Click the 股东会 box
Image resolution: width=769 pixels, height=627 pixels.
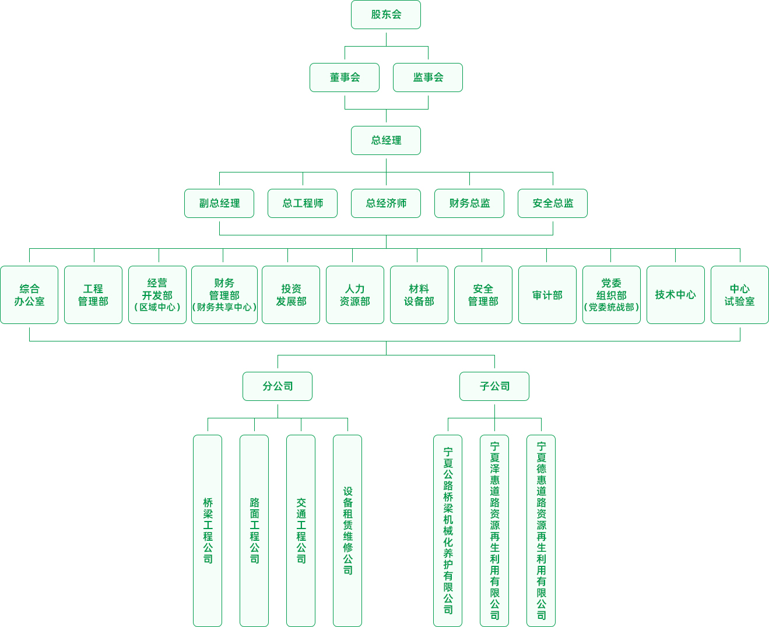pos(386,15)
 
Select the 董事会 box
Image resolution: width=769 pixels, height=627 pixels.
pos(345,78)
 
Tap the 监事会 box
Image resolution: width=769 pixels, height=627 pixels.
pos(428,78)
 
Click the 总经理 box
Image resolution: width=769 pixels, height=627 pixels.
pos(386,140)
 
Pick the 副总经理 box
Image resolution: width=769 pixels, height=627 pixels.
pos(219,203)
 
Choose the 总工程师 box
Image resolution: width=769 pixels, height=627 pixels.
pos(303,203)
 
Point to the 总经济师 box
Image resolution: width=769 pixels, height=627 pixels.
pos(386,203)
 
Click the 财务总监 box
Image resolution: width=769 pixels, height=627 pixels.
pos(469,203)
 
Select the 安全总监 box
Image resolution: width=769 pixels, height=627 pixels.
pos(553,203)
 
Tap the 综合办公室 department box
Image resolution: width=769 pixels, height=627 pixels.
pos(29,295)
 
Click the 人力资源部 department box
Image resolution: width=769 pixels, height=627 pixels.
pos(355,295)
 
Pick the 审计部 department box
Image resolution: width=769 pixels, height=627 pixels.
pos(547,295)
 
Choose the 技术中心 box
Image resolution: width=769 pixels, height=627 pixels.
pos(676,295)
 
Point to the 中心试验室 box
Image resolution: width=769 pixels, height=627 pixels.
pos(740,295)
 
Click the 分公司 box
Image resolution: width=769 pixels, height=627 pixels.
pos(278,386)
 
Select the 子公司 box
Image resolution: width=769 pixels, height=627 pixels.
pos(494,386)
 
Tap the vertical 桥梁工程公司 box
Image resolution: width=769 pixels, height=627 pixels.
pos(208,531)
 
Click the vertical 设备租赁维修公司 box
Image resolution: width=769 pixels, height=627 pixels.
pos(347,531)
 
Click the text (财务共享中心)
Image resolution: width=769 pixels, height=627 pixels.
pos(224,307)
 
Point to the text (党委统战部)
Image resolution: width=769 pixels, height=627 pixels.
pos(612,307)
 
